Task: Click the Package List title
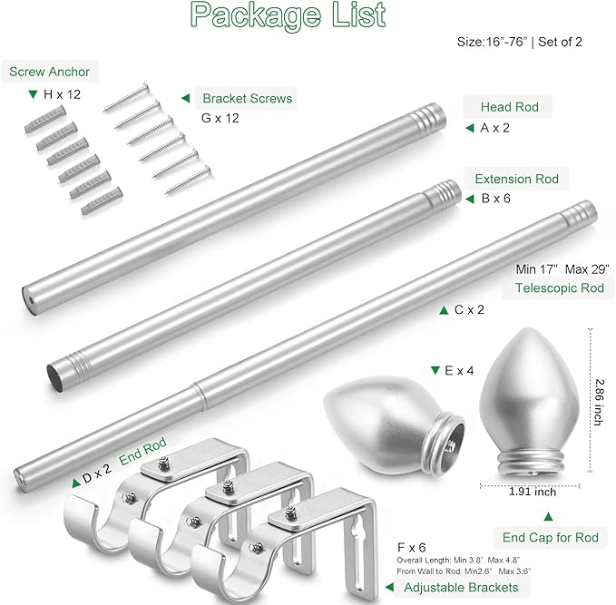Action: point(288,15)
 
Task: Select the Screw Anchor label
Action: point(50,72)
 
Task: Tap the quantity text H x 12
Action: point(62,94)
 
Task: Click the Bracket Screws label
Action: point(247,98)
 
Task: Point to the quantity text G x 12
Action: point(220,118)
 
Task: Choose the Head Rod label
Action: point(510,107)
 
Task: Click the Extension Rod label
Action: point(516,179)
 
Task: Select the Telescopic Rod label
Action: point(560,288)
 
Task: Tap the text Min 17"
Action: point(537,269)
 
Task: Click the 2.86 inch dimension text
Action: point(598,403)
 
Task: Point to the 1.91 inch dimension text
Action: point(533,492)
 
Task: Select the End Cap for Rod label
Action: point(551,537)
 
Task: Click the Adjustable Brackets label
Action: point(461,588)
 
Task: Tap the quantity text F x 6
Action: point(411,547)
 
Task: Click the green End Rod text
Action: point(142,452)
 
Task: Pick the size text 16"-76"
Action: point(507,42)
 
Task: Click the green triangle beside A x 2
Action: point(470,128)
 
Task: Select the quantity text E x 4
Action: point(459,370)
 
